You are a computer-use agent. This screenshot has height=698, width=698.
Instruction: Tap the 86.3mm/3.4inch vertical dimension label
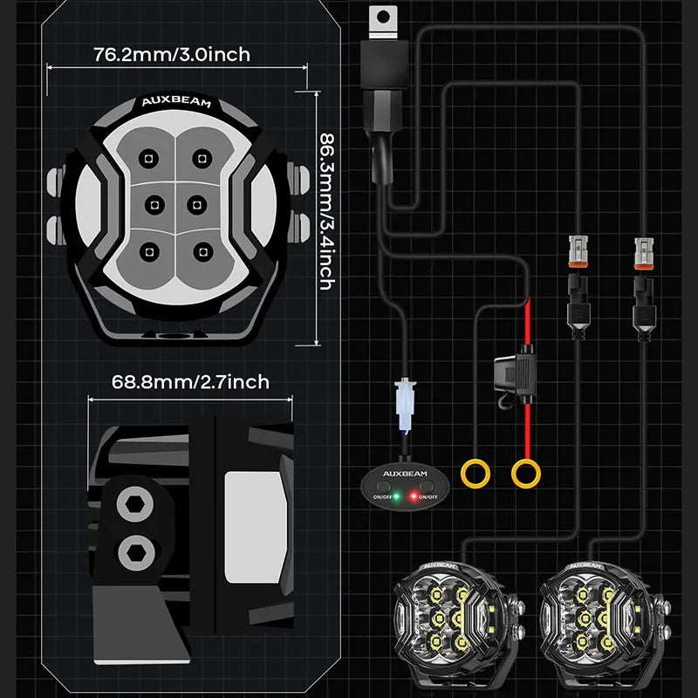point(326,211)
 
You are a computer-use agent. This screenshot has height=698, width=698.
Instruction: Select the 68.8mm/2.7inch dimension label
point(190,381)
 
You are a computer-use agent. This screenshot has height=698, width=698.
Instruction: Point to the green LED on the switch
point(397,496)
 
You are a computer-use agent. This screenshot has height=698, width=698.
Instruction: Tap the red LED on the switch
point(412,496)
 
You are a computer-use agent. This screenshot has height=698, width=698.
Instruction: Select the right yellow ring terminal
point(524,474)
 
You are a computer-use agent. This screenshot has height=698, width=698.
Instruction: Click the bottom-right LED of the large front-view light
point(202,253)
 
